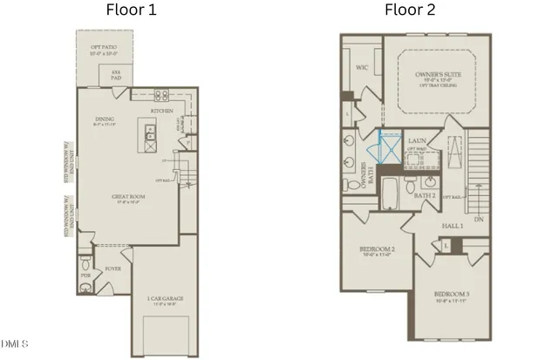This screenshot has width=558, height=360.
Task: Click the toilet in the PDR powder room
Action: [85, 263]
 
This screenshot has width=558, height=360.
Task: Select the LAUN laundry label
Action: [416, 139]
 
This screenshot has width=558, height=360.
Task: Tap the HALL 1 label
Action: [450, 226]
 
